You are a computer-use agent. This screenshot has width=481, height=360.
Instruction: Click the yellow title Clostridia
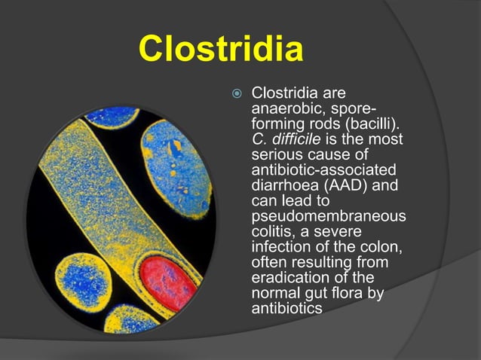click(x=221, y=50)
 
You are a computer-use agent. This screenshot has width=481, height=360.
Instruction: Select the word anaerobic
click(x=280, y=110)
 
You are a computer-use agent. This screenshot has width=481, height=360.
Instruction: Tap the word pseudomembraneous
click(x=328, y=216)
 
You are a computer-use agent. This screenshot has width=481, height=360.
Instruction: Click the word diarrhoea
click(x=281, y=185)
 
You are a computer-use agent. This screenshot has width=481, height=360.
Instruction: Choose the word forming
click(x=276, y=125)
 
